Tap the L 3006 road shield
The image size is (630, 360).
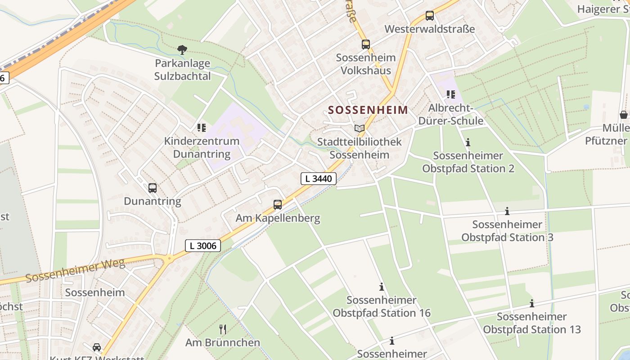[203, 246]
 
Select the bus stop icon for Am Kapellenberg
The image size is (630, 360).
[278, 205]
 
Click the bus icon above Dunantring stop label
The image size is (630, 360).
[153, 188]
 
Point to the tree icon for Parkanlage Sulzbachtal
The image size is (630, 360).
[182, 49]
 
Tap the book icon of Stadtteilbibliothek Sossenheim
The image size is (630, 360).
[359, 129]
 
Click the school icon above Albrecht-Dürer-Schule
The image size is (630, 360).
[450, 94]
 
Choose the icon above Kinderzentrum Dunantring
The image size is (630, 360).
[201, 128]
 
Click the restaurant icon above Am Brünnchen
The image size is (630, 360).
[222, 329]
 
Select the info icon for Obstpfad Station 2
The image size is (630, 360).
[468, 143]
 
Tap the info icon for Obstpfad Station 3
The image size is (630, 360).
[507, 211]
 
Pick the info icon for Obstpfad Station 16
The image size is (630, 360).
[382, 287]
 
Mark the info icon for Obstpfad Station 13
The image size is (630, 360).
[532, 303]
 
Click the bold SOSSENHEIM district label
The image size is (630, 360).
[368, 110]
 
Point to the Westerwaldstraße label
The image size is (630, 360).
[429, 29]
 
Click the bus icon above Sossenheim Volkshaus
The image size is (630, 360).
[366, 45]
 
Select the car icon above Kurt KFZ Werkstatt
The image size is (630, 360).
[97, 347]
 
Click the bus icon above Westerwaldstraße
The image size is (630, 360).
[430, 16]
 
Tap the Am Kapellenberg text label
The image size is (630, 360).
[278, 219]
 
